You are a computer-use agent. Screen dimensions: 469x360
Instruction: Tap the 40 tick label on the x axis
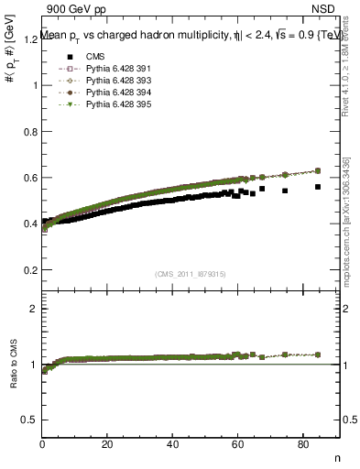click(x=173, y=445)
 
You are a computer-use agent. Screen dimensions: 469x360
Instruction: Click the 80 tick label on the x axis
click(x=303, y=445)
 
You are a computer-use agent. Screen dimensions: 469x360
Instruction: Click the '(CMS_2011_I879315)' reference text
click(x=191, y=274)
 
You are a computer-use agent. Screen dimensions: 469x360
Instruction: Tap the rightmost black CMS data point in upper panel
click(x=318, y=187)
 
